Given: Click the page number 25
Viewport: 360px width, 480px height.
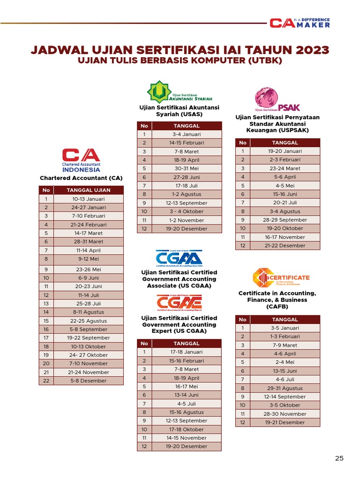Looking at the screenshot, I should pyautogui.click(x=339, y=458).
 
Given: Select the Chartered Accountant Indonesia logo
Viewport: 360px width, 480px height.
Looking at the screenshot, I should pyautogui.click(x=81, y=160).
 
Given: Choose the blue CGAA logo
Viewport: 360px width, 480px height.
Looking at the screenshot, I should pyautogui.click(x=179, y=259).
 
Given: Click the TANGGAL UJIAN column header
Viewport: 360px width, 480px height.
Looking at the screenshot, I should pyautogui.click(x=89, y=190).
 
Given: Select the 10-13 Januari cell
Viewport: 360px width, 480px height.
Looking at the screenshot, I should pyautogui.click(x=89, y=199).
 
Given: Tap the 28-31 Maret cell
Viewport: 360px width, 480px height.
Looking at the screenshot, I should pyautogui.click(x=89, y=241).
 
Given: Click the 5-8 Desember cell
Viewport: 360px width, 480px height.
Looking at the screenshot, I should pyautogui.click(x=89, y=381).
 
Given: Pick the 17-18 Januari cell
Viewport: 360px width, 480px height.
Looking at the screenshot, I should pyautogui.click(x=187, y=352).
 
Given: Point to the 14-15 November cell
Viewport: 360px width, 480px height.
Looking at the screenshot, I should pyautogui.click(x=187, y=438).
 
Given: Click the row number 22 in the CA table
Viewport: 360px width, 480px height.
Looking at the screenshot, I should pyautogui.click(x=46, y=381).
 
